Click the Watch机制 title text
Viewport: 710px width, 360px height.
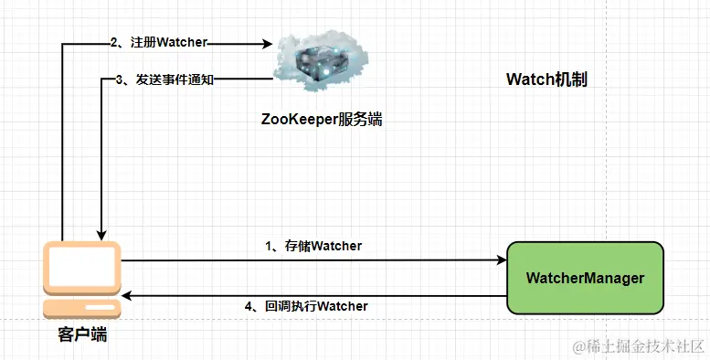[x=546, y=79]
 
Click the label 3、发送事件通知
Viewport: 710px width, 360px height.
[x=165, y=79]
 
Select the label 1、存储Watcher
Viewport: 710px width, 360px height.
[x=313, y=245]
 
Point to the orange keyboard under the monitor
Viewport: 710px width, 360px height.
[x=83, y=309]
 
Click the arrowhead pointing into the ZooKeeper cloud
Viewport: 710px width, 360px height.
[x=268, y=44]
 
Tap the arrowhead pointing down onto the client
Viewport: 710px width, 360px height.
[x=101, y=232]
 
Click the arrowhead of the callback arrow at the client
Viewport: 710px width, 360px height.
[x=127, y=296]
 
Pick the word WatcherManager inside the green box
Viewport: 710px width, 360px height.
[x=585, y=278]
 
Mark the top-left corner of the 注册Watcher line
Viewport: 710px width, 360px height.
[x=61, y=44]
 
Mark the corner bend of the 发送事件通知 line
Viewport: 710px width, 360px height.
[x=101, y=79]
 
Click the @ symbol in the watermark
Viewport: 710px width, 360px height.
[x=578, y=346]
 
